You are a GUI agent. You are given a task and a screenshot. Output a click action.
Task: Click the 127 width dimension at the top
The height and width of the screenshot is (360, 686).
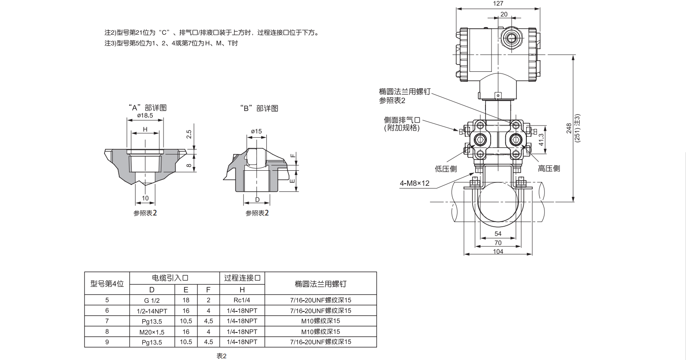tap(498, 3)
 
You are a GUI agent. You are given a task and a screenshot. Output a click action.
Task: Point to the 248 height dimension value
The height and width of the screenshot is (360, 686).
tap(569, 128)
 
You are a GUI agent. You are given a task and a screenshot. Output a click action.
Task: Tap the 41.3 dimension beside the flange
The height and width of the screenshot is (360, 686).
tap(541, 139)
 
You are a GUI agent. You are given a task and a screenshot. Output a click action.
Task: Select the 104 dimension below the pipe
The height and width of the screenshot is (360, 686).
tap(498, 252)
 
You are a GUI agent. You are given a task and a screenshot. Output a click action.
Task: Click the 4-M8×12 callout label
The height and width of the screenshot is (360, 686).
tap(414, 183)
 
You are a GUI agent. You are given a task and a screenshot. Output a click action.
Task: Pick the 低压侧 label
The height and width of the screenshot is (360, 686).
tap(445, 169)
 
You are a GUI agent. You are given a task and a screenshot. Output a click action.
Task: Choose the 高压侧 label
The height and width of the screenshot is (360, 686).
tap(549, 169)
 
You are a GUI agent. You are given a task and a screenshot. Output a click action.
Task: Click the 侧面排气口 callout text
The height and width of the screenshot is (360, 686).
tap(402, 120)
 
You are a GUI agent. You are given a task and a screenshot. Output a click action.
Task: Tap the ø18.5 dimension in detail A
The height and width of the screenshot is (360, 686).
tap(145, 116)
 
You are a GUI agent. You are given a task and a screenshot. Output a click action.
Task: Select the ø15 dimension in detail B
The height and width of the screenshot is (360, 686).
tap(256, 131)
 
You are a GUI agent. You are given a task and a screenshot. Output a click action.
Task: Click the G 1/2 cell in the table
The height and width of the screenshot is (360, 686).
tap(152, 300)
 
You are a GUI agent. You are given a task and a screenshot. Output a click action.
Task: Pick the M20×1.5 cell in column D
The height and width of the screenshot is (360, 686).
tap(152, 332)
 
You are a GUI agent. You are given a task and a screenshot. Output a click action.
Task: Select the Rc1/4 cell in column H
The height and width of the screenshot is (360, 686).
tap(242, 300)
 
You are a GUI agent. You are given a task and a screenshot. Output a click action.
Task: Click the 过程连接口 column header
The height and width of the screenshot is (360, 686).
tap(242, 278)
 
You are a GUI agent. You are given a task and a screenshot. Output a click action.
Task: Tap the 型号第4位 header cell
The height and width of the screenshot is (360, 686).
tap(107, 283)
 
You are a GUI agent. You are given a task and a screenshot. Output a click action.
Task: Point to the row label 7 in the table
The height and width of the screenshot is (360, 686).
tap(107, 321)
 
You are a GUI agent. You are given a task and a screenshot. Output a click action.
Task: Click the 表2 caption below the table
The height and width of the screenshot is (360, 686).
tap(221, 356)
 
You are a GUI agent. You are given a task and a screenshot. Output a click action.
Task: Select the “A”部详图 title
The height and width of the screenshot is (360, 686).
tap(147, 108)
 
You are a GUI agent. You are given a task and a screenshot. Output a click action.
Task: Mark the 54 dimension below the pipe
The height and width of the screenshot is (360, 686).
tap(498, 234)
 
